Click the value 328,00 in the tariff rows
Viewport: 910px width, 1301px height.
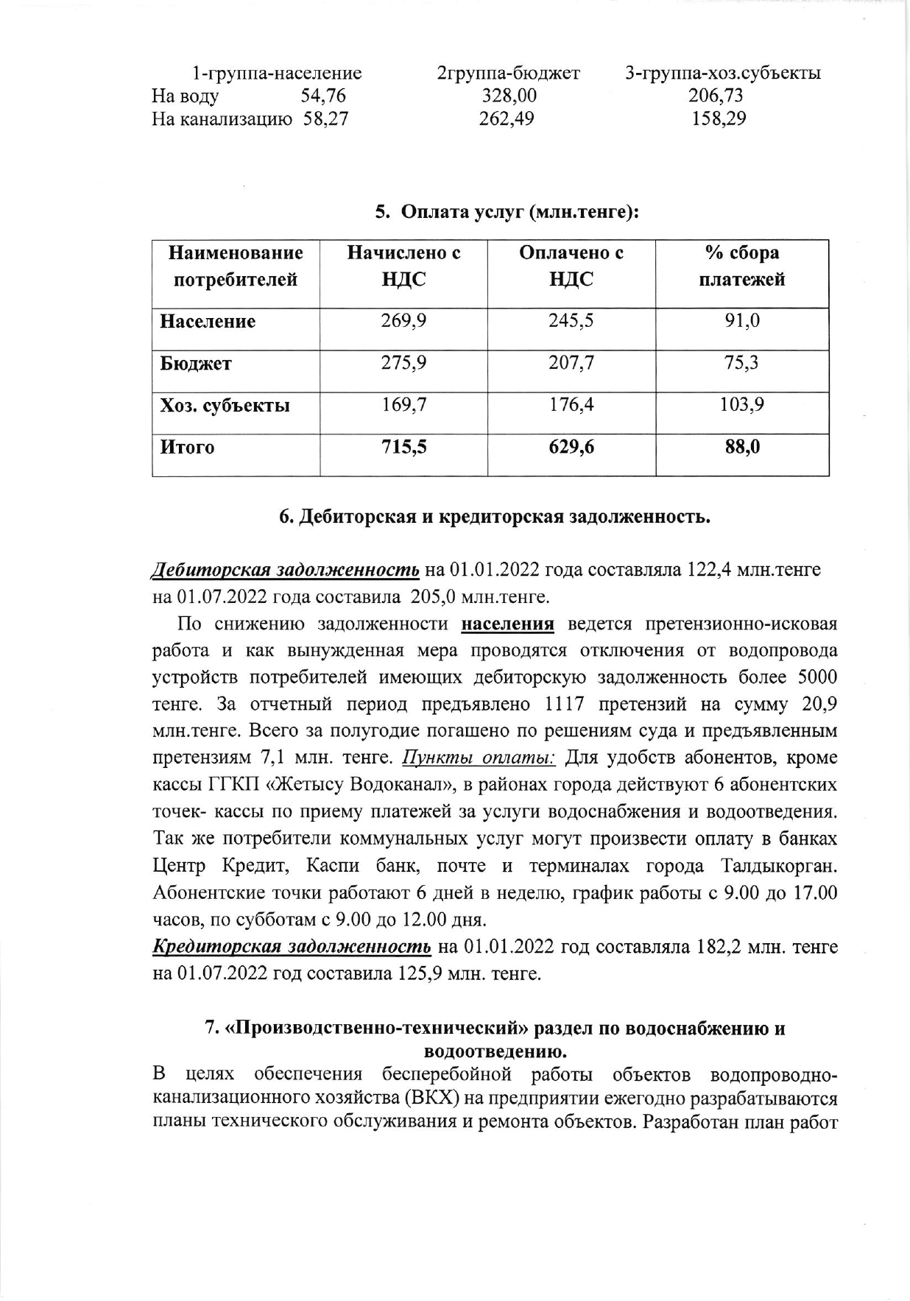tap(509, 96)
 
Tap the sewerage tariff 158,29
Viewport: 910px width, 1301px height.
tap(718, 119)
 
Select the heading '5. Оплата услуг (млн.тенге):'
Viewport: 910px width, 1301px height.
tap(506, 213)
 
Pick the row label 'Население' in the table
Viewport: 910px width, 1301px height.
tap(208, 322)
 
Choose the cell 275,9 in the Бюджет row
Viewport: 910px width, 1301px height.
tap(403, 363)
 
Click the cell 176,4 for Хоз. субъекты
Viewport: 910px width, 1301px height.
tap(571, 404)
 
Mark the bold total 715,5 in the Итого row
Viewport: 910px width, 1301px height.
tap(403, 447)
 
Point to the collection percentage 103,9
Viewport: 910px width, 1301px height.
tap(741, 404)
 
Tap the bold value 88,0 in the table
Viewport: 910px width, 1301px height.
tap(741, 447)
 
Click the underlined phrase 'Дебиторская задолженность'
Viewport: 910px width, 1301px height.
tap(286, 570)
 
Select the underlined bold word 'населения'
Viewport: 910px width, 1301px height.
tap(507, 624)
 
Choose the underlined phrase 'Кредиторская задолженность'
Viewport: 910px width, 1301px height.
tap(292, 947)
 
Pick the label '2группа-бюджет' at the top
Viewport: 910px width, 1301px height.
tap(509, 74)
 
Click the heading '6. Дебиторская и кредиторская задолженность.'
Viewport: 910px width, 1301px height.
tap(495, 517)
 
